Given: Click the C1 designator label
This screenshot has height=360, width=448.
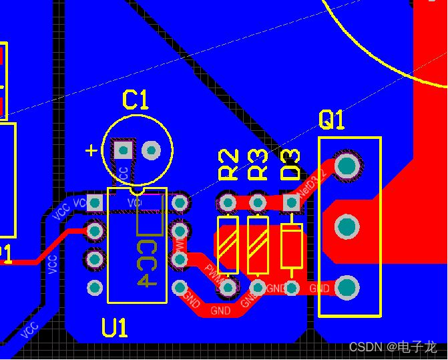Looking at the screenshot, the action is point(136,100).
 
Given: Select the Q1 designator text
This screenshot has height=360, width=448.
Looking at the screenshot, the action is point(332,120).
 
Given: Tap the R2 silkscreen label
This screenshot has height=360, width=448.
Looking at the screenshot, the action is point(229,165).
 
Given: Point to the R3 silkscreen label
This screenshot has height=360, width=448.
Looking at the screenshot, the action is point(258,165).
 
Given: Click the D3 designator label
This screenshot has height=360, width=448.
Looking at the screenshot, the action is point(291,165).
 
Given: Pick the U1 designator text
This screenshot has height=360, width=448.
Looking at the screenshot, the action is point(115,327).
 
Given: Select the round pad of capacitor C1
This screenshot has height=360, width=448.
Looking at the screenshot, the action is point(152,150).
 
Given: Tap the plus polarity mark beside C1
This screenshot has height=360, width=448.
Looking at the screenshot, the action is point(91,150).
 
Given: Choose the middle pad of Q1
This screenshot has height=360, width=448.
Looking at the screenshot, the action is point(347,227).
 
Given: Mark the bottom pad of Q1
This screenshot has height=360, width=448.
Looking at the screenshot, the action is point(347,288).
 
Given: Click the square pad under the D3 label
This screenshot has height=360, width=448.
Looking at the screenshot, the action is point(291,201).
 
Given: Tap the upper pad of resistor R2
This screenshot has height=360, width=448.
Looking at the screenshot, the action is point(228,201).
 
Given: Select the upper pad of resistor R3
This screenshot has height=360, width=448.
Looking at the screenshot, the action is point(258,201).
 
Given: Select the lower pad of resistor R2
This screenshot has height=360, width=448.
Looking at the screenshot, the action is point(228,288).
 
